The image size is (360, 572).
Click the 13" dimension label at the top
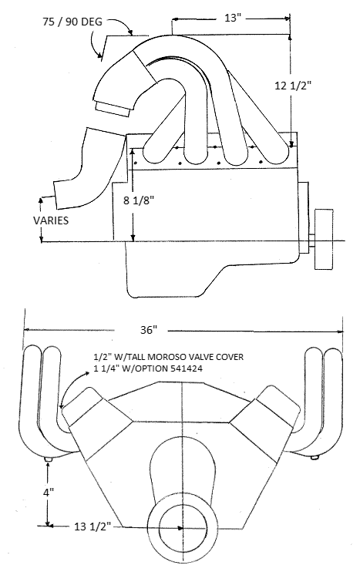tap(230, 18)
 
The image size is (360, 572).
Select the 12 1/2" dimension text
tap(292, 86)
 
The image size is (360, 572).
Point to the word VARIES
tap(51, 220)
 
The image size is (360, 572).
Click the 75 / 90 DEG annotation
tap(72, 22)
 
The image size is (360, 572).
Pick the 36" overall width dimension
tap(149, 330)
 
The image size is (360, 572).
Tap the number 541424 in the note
tap(186, 368)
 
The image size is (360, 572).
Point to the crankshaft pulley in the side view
tap(324, 239)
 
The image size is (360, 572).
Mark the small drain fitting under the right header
tap(315, 457)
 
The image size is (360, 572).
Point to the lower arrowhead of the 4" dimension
tap(48, 523)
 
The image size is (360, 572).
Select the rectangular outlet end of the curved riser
tap(113, 109)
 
